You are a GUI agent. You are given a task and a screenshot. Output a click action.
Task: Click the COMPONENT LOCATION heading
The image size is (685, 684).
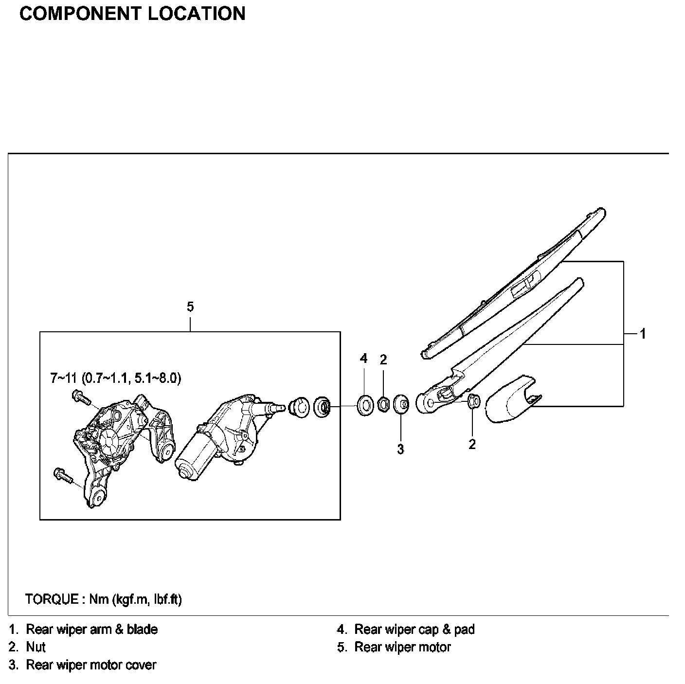132,14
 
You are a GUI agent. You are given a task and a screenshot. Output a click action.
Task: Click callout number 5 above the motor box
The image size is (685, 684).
190,307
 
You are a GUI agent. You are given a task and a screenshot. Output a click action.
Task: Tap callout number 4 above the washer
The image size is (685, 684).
363,359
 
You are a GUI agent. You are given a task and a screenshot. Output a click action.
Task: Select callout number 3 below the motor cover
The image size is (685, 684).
400,450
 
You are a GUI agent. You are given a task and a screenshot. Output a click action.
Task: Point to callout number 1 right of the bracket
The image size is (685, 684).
643,334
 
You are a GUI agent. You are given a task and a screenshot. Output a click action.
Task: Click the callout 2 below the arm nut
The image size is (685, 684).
472,444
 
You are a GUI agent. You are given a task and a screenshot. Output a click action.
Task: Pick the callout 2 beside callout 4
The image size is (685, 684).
383,360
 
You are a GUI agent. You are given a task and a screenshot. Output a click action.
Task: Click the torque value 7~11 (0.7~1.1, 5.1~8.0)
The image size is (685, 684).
116,378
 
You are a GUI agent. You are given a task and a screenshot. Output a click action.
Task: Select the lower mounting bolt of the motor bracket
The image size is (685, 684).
62,475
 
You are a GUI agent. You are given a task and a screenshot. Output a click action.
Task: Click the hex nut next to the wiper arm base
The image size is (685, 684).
474,401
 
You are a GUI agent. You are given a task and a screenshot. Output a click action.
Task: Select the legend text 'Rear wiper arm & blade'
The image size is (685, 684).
92,630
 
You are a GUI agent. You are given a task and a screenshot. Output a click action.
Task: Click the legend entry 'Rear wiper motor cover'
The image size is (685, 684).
91,665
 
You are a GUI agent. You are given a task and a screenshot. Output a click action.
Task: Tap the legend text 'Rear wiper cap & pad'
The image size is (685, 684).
414,630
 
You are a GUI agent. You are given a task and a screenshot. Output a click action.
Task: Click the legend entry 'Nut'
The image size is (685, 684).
36,647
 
